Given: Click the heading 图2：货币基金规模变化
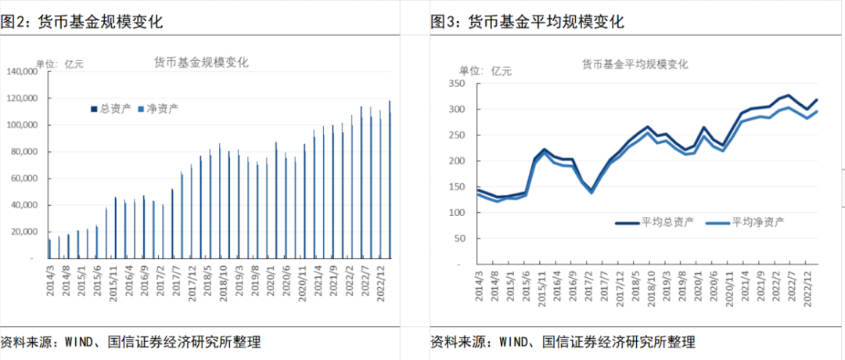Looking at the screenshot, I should coord(81,22).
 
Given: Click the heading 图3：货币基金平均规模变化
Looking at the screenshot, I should coord(527,22).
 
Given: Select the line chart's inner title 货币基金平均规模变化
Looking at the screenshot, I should coord(635,63).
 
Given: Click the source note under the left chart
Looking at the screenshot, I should coord(130,342).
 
